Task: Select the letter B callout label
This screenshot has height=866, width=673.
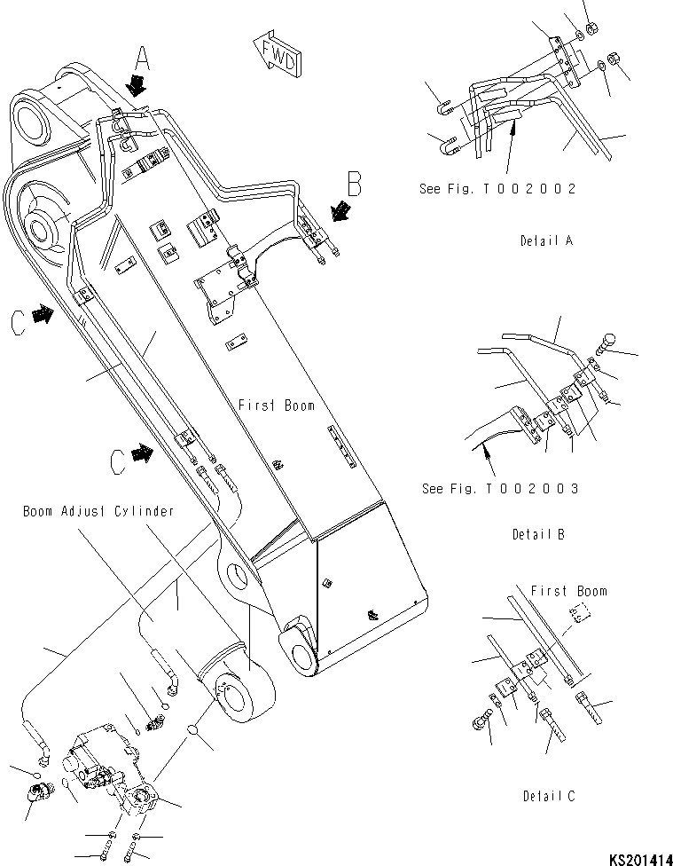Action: [355, 185]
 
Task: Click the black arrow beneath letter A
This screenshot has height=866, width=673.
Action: [137, 84]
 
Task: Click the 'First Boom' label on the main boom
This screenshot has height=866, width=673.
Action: [276, 405]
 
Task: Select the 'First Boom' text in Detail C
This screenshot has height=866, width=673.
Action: [568, 591]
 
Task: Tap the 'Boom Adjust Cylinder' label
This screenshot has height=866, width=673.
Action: [98, 511]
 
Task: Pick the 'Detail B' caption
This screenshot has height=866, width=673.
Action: [537, 534]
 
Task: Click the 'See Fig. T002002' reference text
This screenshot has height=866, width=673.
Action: [498, 188]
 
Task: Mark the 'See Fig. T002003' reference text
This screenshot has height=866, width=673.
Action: [500, 488]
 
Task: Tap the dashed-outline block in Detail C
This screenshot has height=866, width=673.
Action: [577, 614]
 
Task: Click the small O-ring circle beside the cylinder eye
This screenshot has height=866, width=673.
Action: [192, 731]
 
